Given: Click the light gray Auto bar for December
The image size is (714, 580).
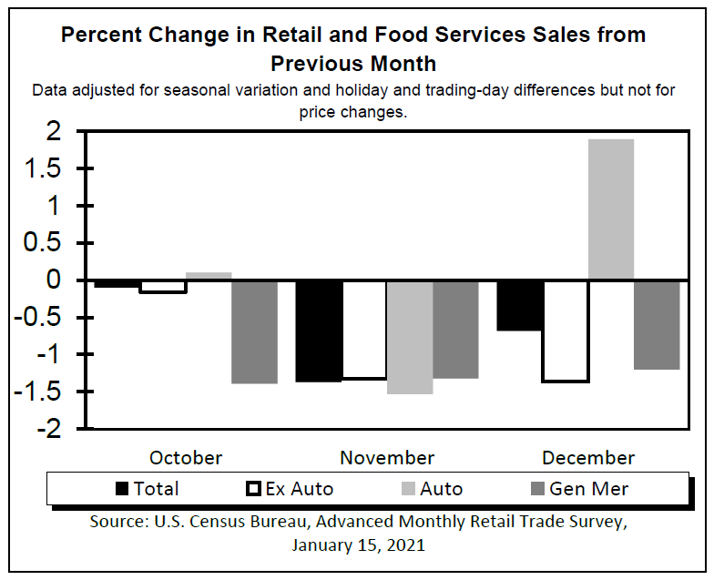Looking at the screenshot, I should coord(611,209).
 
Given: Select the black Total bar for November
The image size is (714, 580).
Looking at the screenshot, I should coord(319,331).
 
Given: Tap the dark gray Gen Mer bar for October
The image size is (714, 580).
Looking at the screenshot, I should coord(254,331).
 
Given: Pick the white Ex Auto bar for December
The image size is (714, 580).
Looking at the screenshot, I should coord(566,331).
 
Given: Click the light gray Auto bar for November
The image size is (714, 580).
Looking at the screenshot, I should coord(410,337).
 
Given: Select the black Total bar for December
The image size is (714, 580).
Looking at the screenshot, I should coord(520,305).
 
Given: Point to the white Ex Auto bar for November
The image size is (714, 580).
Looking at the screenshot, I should coord(364,330).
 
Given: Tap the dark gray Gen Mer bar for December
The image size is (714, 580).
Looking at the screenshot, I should coord(657,324).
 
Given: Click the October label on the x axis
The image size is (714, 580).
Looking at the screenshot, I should coord(186,457).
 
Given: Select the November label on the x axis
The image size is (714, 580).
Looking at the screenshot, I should coord(387,457).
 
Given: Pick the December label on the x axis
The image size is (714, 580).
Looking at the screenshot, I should coord(588,457).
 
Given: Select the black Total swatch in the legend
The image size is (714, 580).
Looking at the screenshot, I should coord(122,489).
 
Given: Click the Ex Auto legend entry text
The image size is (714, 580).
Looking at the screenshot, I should coord(299,489).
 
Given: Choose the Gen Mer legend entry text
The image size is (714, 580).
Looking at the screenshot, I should coord(588,489).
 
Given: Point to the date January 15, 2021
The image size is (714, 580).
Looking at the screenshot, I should coord(358,546).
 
